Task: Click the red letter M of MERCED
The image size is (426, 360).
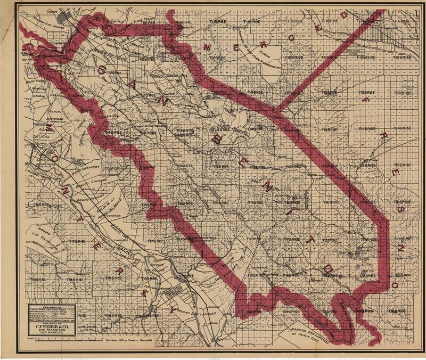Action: (208, 46)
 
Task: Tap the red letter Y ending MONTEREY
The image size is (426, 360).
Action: (171, 308)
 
